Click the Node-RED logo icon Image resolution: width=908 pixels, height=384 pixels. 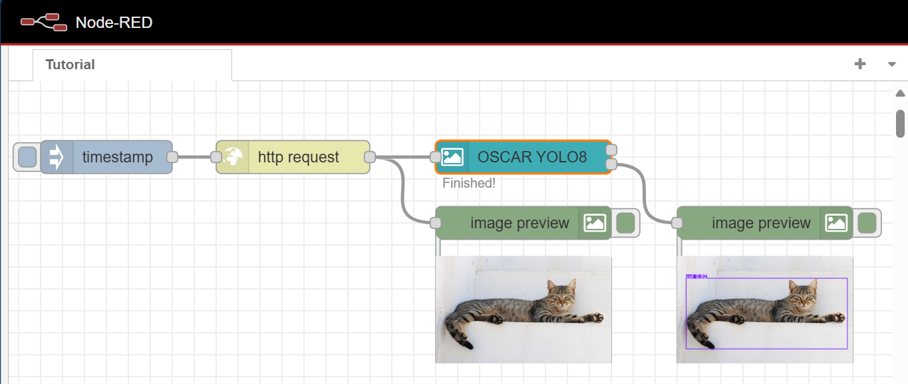click(x=44, y=22)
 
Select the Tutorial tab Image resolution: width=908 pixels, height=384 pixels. click(x=70, y=65)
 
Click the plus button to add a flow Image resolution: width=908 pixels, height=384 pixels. click(x=860, y=64)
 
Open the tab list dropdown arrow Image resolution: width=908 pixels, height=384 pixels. click(x=892, y=65)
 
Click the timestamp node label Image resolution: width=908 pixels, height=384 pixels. click(x=118, y=157)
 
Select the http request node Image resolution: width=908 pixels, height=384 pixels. click(x=299, y=157)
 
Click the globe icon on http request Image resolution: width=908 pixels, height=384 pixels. click(x=233, y=157)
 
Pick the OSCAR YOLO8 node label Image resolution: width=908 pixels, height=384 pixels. click(x=532, y=157)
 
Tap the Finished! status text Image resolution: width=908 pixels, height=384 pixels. click(x=469, y=183)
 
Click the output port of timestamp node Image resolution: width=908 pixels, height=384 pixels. click(x=172, y=157)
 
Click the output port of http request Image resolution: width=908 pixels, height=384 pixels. click(x=371, y=157)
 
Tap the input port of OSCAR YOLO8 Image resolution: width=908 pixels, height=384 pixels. click(x=436, y=157)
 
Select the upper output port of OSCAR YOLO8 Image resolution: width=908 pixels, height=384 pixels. click(x=612, y=150)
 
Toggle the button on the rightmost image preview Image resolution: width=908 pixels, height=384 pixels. click(x=867, y=223)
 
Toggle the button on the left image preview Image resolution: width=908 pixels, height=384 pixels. click(x=626, y=223)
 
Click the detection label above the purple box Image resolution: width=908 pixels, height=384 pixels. click(x=696, y=276)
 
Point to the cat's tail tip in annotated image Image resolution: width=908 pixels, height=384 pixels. click(x=710, y=345)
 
